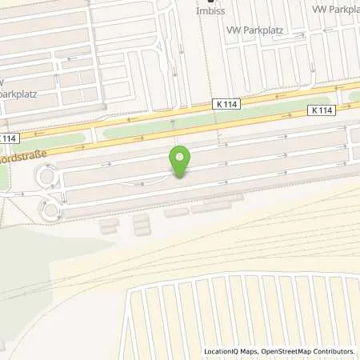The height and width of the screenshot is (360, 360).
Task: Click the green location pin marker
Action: click(x=181, y=162)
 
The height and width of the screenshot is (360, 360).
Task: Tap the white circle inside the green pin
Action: click(x=181, y=158)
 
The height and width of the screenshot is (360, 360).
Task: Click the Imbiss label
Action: click(x=212, y=12)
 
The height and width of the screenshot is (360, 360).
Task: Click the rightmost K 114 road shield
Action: click(x=322, y=111)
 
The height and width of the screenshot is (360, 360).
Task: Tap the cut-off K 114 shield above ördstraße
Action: click(x=7, y=138)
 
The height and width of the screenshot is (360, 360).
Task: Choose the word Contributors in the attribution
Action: click(x=334, y=351)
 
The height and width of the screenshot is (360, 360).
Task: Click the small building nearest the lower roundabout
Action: click(x=108, y=228)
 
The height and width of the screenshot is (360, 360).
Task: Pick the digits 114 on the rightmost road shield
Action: click(x=326, y=111)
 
